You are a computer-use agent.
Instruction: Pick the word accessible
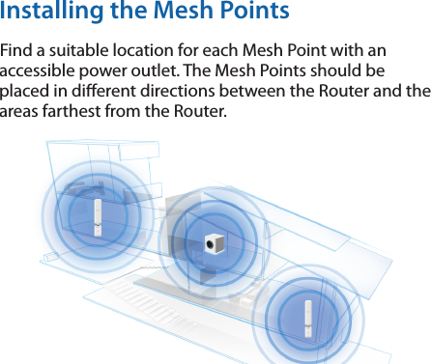click(x=42, y=71)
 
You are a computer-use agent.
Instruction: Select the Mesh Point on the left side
click(x=97, y=217)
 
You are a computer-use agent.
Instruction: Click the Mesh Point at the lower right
click(x=305, y=315)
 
